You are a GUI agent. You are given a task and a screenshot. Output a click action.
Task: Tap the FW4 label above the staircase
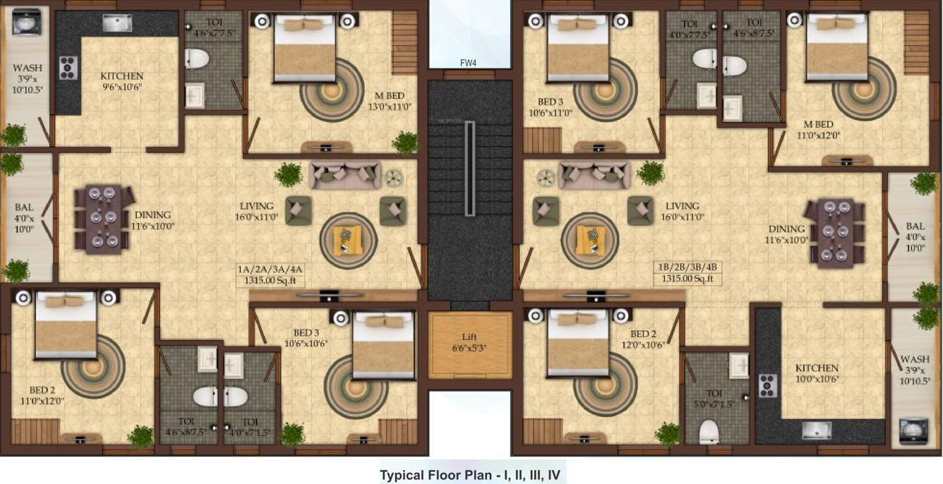pos(467,63)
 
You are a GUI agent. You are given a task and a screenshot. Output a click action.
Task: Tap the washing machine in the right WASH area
pos(913,431)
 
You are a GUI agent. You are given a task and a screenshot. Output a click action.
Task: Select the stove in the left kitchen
pos(68,67)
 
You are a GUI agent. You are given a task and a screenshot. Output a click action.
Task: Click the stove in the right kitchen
pos(767,385)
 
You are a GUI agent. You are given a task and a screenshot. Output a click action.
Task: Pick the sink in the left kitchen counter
pos(117,23)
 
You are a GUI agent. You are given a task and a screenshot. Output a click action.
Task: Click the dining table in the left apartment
pos(102,219)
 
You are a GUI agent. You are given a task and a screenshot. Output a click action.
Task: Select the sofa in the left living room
pos(345,174)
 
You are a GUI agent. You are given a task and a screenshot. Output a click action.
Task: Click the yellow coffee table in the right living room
pos(590,241)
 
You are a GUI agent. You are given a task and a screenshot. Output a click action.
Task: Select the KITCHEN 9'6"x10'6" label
pos(121,81)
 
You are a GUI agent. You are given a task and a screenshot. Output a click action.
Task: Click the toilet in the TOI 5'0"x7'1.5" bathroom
pos(709,431)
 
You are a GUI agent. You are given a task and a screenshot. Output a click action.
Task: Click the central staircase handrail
pos(469,167)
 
